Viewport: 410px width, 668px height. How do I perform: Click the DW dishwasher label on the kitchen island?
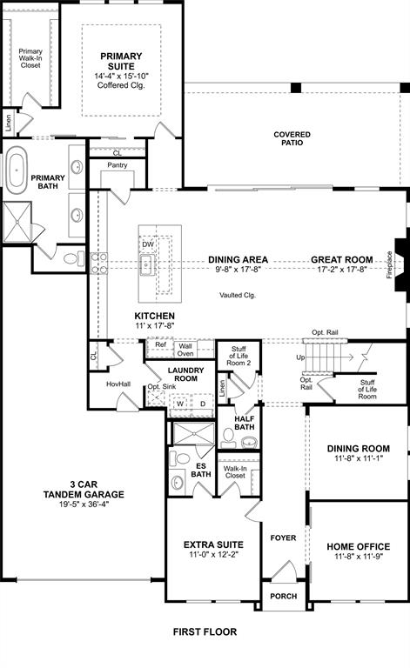[147, 244]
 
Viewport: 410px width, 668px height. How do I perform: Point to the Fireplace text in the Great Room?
[389, 264]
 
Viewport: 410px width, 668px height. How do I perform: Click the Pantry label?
[118, 164]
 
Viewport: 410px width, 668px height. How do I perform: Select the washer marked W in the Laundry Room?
[180, 403]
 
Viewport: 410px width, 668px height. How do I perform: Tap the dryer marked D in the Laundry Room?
[202, 403]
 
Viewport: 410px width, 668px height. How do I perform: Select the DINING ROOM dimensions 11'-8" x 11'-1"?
[358, 459]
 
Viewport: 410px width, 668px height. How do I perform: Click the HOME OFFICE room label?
[358, 547]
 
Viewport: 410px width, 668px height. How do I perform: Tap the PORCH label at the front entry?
[283, 596]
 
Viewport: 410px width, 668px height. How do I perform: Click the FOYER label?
[283, 538]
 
